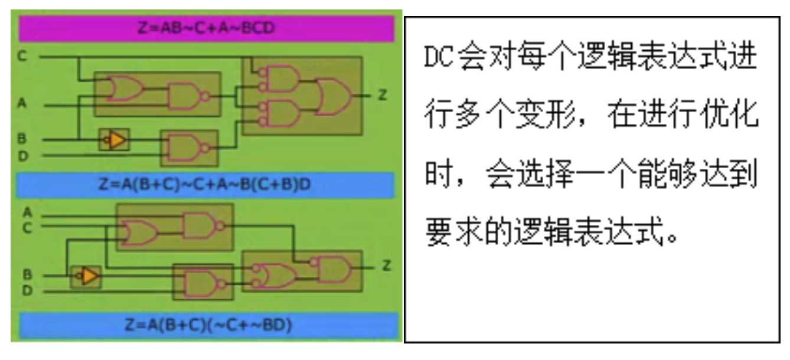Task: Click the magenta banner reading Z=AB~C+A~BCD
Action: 206,29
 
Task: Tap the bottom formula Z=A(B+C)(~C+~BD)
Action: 206,325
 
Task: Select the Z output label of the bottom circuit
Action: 386,266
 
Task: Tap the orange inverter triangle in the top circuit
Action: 116,139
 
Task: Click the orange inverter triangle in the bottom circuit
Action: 89,276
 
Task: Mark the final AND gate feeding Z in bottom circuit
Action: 332,268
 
